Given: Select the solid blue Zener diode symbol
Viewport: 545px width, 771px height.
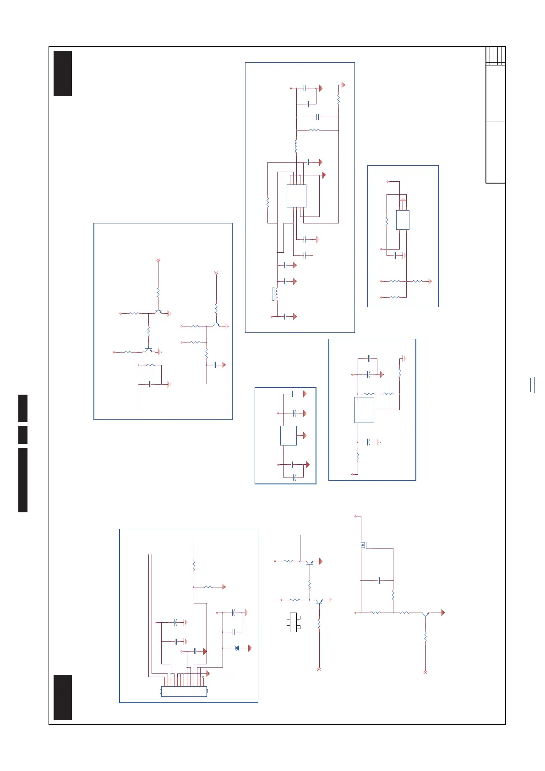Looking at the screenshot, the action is [x=237, y=648].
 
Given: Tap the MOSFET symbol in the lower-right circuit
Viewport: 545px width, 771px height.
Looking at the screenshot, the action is [x=364, y=545].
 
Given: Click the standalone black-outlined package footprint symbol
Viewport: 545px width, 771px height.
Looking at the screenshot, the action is [x=294, y=622].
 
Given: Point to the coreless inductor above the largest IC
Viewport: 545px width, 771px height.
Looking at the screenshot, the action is [x=296, y=146].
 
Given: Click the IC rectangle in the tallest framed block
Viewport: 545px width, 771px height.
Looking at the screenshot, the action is [x=296, y=196].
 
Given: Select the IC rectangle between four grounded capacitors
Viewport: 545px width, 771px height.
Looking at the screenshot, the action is [x=289, y=435].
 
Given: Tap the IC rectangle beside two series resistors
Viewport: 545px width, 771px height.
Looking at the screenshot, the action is [x=364, y=410].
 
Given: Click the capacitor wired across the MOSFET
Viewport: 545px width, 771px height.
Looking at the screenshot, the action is [x=379, y=581].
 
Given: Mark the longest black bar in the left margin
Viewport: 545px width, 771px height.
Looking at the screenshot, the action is [x=23, y=480].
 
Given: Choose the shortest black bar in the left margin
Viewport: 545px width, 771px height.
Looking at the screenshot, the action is [x=23, y=434].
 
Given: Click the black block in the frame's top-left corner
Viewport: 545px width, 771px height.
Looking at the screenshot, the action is [x=63, y=74].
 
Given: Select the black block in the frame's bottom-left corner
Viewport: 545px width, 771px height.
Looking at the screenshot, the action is [x=63, y=697].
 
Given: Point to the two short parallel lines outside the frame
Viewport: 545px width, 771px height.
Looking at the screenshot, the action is [x=533, y=385].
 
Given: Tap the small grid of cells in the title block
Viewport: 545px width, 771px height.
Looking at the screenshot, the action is [x=496, y=56].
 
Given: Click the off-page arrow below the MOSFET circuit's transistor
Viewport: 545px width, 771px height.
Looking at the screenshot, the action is [x=425, y=672].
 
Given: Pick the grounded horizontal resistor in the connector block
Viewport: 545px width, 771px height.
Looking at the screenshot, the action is [x=208, y=586].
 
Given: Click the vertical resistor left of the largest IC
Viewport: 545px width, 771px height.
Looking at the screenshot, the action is [x=267, y=202].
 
